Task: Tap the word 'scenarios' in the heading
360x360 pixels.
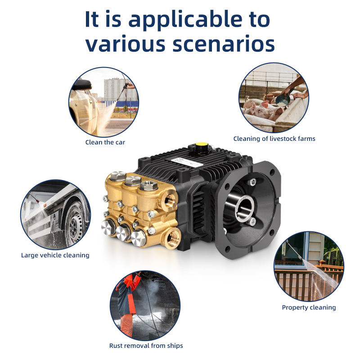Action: tap(224, 44)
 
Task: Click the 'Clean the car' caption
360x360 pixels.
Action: tap(105, 142)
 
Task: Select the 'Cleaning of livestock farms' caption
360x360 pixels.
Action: tap(274, 139)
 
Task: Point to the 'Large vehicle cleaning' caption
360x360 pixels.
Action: tap(55, 255)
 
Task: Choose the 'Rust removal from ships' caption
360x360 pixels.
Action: tap(146, 346)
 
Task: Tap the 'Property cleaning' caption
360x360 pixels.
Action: tap(309, 307)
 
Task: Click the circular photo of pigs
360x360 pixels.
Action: tap(274, 98)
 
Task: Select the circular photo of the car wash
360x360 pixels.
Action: tap(104, 102)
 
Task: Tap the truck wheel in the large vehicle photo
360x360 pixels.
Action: tap(74, 224)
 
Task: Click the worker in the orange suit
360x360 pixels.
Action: tap(128, 303)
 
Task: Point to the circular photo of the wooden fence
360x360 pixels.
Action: tap(309, 266)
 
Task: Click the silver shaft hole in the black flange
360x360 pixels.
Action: tap(245, 207)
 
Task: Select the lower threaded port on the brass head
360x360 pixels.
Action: tap(172, 238)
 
